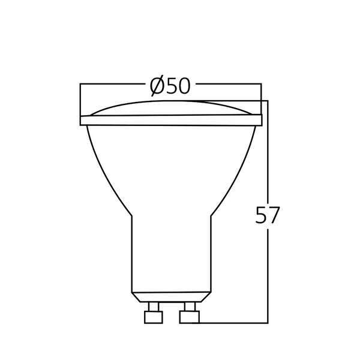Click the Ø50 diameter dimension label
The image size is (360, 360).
pyautogui.click(x=170, y=86)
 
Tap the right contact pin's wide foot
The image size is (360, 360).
pyautogui.click(x=191, y=316)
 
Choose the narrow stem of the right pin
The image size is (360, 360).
pyautogui.click(x=191, y=307)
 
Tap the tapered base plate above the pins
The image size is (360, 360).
pyautogui.click(x=171, y=297)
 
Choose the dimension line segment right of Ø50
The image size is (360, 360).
pyautogui.click(x=228, y=86)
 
